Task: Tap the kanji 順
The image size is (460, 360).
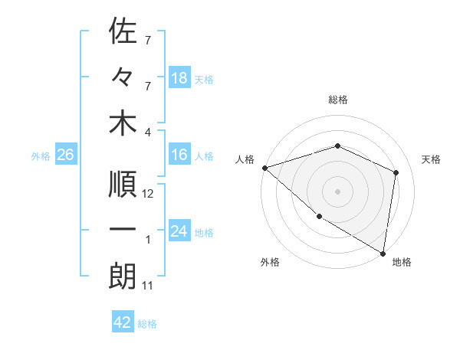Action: [123, 184]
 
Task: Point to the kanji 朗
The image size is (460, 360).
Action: [123, 277]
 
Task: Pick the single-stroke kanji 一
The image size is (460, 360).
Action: [123, 231]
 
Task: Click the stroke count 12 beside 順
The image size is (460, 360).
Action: [148, 194]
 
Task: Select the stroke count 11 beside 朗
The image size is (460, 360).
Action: [148, 286]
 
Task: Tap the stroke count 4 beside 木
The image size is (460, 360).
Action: [148, 132]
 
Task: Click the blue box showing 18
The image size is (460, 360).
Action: [179, 78]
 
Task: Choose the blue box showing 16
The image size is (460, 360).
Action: [179, 155]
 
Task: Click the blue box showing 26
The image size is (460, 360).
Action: [66, 155]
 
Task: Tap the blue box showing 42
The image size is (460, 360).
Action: [123, 322]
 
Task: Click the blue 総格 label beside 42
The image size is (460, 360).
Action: [147, 324]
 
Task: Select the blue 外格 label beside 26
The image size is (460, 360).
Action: [41, 156]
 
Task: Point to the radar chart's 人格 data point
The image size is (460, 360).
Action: [264, 168]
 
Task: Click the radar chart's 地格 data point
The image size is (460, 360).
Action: [383, 252]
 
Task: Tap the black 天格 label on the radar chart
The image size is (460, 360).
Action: [432, 159]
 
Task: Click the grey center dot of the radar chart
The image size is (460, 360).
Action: [337, 191]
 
